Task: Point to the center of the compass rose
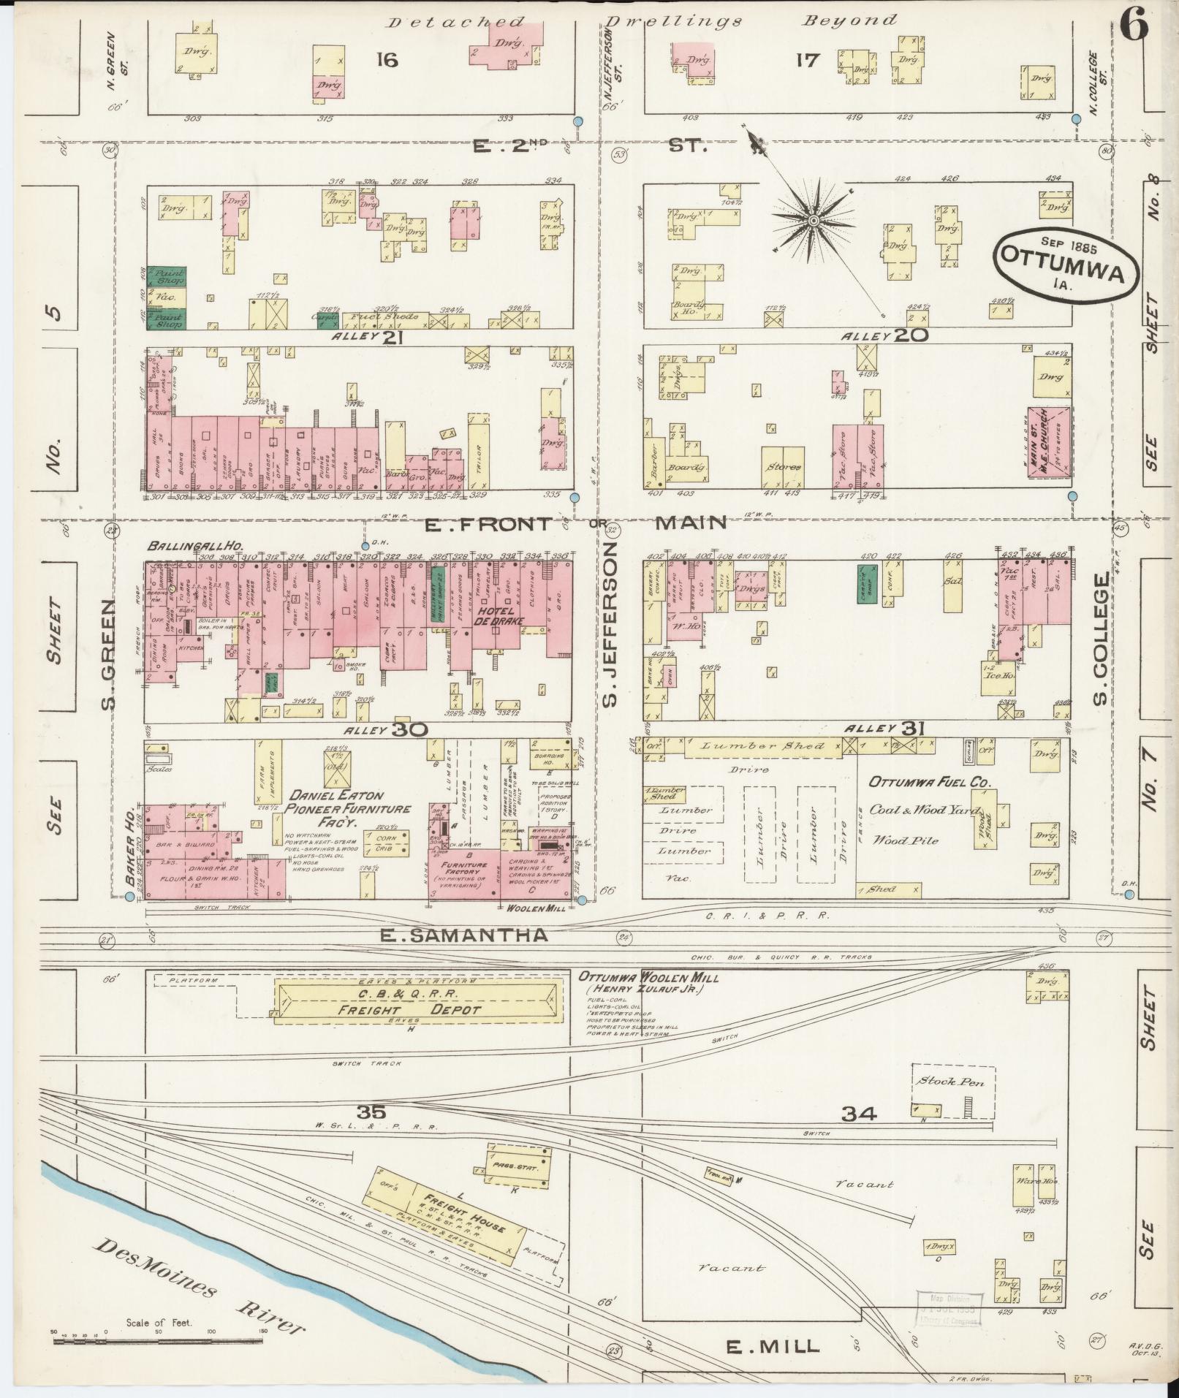click(813, 219)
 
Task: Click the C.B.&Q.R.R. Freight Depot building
click(413, 1002)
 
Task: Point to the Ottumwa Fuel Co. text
click(929, 783)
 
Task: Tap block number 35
click(371, 1113)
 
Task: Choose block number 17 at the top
click(808, 60)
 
